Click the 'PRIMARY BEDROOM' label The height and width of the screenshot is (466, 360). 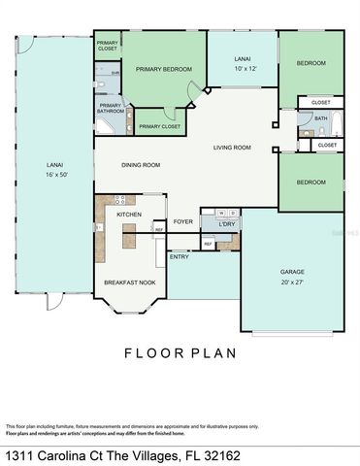[x=164, y=69]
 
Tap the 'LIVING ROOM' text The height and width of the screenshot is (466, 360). [x=232, y=148]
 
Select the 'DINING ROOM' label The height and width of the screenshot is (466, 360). [x=141, y=164]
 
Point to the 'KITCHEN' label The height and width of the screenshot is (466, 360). [x=129, y=213]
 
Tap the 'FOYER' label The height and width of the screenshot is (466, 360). [x=183, y=221]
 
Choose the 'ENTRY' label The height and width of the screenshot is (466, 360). [x=180, y=256]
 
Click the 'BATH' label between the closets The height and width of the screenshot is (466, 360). [x=320, y=118]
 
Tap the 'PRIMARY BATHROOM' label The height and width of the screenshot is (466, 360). [x=111, y=108]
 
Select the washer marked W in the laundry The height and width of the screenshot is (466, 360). [x=220, y=212]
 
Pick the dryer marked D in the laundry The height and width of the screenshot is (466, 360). [x=233, y=212]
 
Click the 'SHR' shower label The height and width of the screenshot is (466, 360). [x=115, y=73]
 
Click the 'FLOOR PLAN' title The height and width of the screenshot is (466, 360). [x=180, y=353]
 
